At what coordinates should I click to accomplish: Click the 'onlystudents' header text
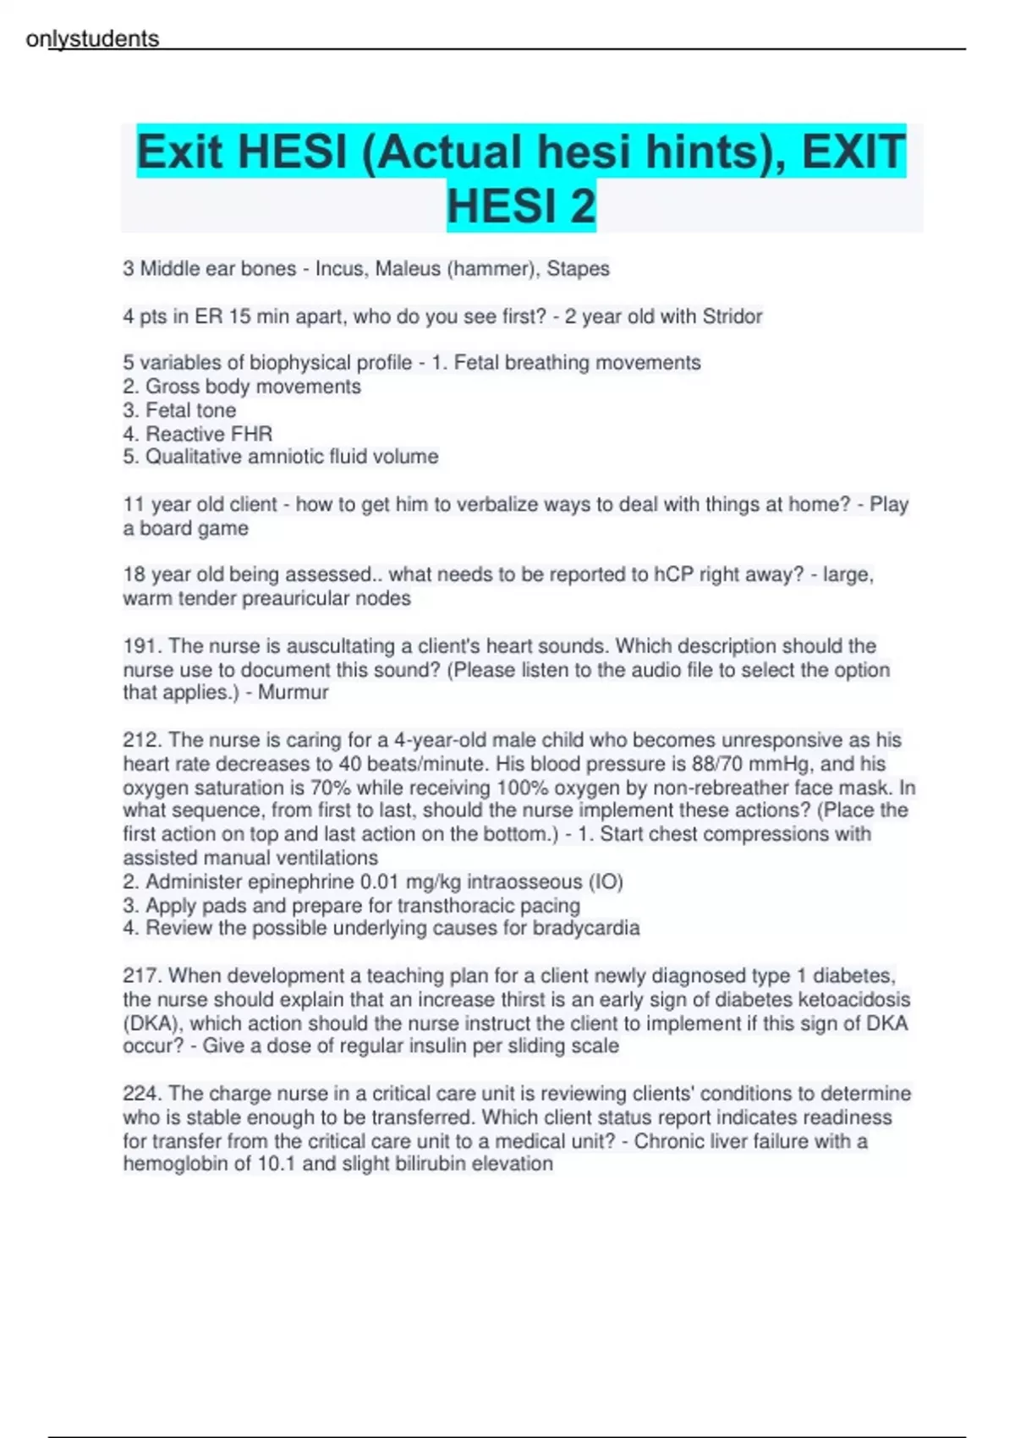[x=92, y=39]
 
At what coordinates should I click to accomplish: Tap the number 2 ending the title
[x=583, y=206]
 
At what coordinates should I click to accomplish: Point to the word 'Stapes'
[x=578, y=269]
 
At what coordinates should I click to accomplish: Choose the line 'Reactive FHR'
[x=209, y=434]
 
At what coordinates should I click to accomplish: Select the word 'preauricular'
[x=294, y=598]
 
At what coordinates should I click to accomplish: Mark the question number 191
[x=141, y=646]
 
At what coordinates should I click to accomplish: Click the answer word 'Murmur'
[x=293, y=692]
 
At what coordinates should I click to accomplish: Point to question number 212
[x=141, y=740]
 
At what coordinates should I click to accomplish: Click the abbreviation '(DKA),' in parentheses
[x=152, y=1024]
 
